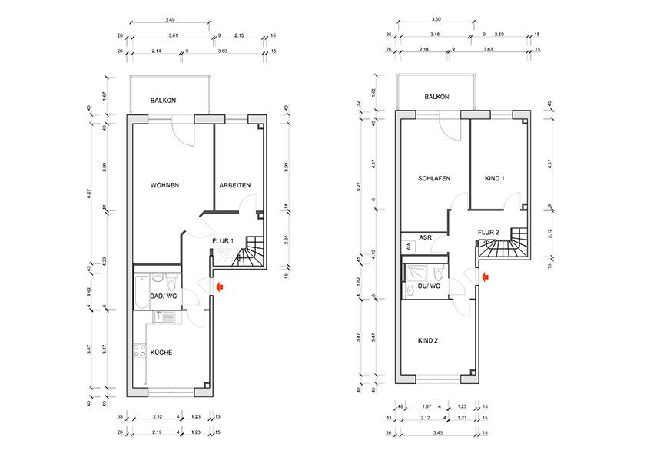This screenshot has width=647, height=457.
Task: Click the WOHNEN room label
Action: pyautogui.click(x=165, y=186)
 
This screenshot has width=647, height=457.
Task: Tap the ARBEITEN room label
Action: pyautogui.click(x=234, y=186)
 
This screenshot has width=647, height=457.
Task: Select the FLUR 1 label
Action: pyautogui.click(x=222, y=241)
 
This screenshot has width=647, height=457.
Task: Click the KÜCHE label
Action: pyautogui.click(x=161, y=353)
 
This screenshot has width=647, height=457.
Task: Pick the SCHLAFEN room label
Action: pyautogui.click(x=434, y=178)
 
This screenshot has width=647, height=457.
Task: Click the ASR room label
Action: pyautogui.click(x=424, y=238)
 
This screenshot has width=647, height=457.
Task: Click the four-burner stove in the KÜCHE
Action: pyautogui.click(x=141, y=353)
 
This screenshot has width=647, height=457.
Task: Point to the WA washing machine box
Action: pyautogui.click(x=407, y=247)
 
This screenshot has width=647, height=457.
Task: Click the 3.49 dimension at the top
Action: pyautogui.click(x=172, y=20)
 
